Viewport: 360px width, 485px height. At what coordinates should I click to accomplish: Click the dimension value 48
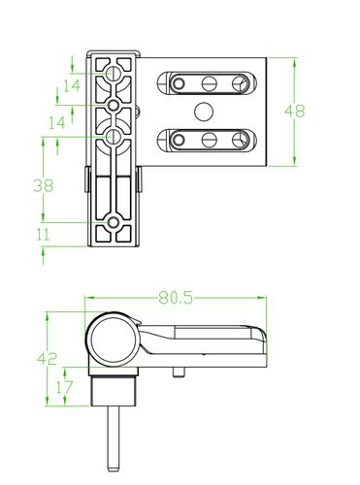[294, 112]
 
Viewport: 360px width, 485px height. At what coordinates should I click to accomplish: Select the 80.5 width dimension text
[176, 298]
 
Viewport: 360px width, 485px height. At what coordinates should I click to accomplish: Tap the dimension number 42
[48, 359]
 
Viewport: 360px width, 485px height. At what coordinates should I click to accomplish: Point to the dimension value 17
[64, 387]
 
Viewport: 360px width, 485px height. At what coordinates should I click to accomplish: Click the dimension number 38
[43, 185]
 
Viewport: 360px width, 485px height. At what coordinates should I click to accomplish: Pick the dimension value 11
[43, 235]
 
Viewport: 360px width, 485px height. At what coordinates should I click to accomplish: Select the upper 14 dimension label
[72, 86]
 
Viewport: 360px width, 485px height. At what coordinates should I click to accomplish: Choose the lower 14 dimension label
[57, 122]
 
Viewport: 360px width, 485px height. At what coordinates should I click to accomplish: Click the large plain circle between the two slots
[204, 112]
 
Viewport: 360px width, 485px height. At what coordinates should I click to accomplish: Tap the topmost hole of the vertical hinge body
[114, 73]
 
